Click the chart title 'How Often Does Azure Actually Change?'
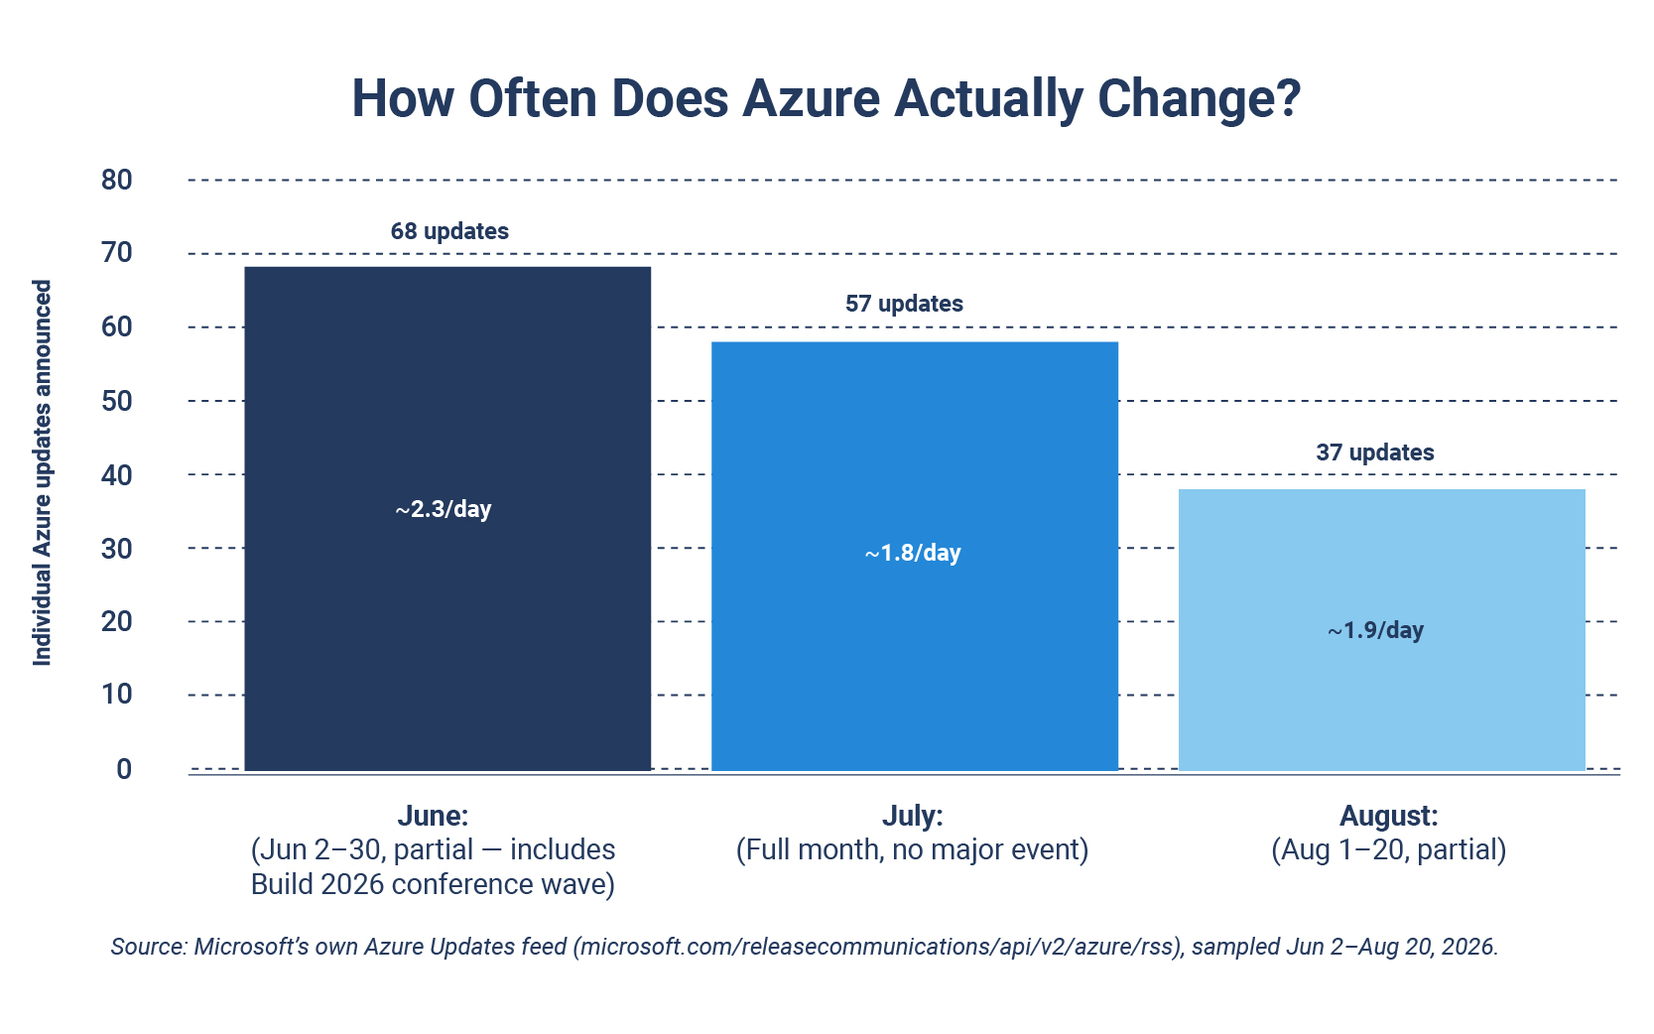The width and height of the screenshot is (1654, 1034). pos(826,99)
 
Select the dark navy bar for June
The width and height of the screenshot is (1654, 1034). pos(447,518)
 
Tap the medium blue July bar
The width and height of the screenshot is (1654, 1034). pos(914,556)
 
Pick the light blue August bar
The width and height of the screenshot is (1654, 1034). pos(1381,630)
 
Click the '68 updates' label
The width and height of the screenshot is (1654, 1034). pos(449,231)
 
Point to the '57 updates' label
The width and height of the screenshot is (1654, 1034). pos(904,304)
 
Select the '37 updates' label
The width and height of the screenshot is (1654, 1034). pos(1375,452)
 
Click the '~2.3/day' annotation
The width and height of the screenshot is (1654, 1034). pos(444,509)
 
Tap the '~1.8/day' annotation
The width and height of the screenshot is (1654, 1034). pos(913,553)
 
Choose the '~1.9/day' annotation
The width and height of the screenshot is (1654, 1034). pos(1375,630)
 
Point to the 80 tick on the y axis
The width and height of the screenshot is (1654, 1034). pos(117,180)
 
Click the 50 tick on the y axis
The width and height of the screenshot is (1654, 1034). pos(117,400)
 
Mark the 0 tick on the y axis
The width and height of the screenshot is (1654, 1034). pos(124,769)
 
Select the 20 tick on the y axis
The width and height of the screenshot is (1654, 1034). pos(117,621)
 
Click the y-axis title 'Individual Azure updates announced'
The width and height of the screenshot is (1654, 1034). pos(42,472)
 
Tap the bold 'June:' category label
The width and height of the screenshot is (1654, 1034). pos(433,816)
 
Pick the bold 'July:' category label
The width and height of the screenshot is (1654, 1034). pos(913,816)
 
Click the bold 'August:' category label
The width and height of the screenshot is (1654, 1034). pos(1388,816)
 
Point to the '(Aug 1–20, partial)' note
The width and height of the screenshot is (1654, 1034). pos(1388,850)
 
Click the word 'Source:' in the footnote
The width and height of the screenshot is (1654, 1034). pos(149,947)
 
